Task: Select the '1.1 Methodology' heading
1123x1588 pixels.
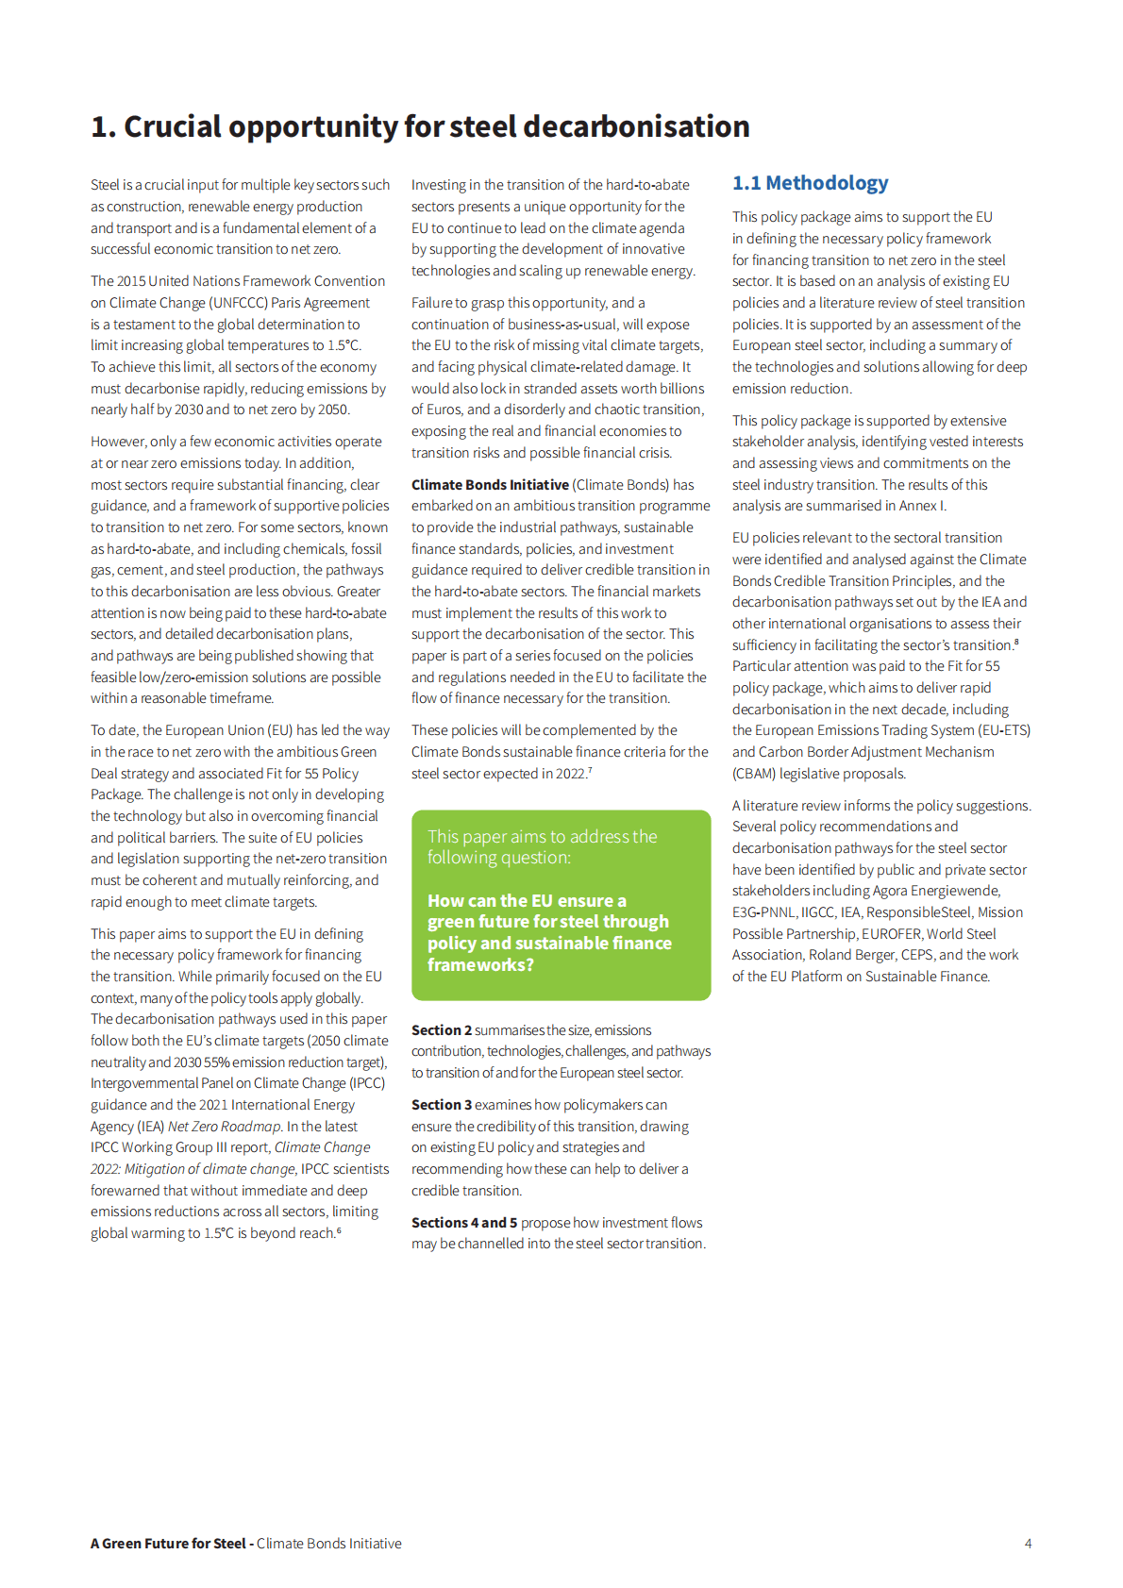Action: coord(810,183)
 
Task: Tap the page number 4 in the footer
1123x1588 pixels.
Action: coord(1028,1544)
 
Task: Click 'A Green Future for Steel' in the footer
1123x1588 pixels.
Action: coord(168,1544)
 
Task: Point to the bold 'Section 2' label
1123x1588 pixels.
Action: coord(441,1030)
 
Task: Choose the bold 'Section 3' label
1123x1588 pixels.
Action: coord(441,1105)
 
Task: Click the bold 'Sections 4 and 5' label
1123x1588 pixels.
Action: coord(463,1223)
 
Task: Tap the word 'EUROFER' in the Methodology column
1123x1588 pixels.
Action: coord(891,934)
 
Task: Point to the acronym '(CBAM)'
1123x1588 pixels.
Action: coord(754,774)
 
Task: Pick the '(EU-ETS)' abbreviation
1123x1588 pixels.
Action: coord(1004,730)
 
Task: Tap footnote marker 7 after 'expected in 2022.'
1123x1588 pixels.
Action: coord(590,770)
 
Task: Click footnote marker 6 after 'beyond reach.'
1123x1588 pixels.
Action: coord(339,1229)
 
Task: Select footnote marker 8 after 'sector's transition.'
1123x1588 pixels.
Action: coord(1015,642)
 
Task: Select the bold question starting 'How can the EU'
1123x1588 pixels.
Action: coord(549,932)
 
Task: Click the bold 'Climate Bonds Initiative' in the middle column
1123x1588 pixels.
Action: coord(490,485)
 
